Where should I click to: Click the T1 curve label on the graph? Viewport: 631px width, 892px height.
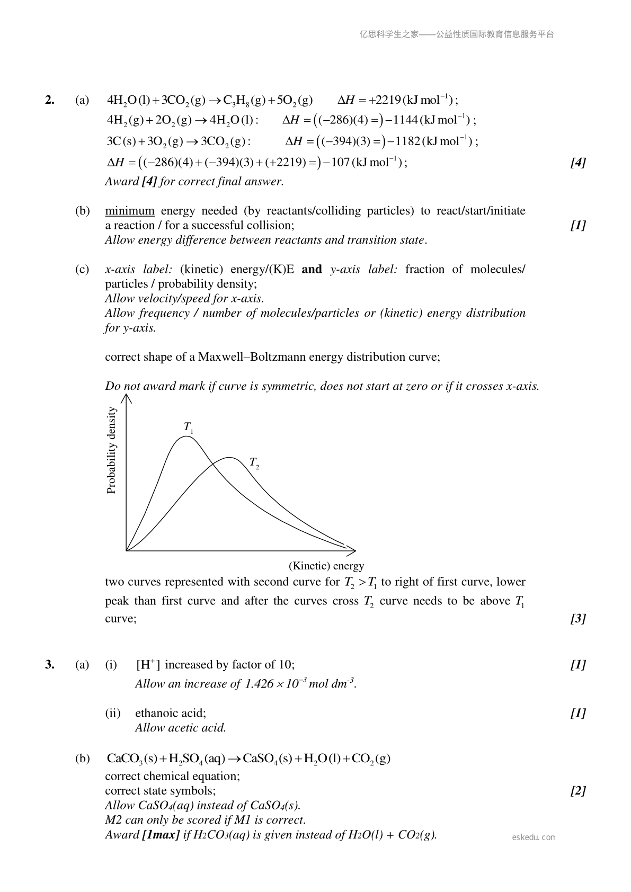pos(188,427)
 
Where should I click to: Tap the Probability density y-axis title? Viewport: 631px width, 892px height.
pos(111,450)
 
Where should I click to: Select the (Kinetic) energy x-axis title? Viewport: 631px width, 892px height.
pos(326,566)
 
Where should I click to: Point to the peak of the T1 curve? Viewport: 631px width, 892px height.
pos(186,436)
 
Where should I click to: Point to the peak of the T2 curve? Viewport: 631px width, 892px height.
pos(229,458)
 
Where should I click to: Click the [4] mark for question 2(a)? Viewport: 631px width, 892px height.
pos(577,163)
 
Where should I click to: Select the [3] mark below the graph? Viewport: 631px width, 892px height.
pos(577,618)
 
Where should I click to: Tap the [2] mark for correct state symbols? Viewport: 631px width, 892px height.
pos(577,791)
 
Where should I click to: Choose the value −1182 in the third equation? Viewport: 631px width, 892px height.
pos(404,141)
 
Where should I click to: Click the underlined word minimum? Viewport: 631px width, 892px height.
pos(130,211)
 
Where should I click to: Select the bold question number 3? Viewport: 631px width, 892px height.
pos(50,664)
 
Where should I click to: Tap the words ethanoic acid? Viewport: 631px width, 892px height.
pos(171,713)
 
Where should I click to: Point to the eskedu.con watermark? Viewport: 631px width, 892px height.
pos(534,837)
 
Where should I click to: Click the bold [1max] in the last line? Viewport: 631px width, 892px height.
pos(161,835)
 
